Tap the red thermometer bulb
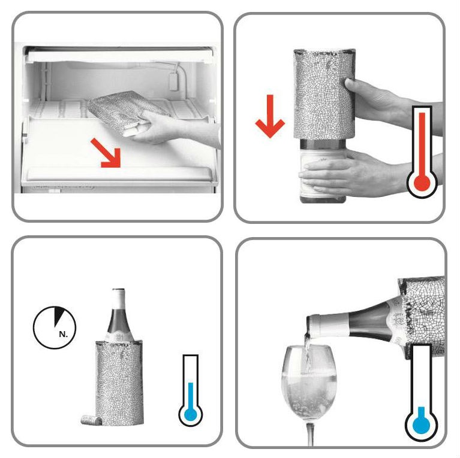tap(422, 184)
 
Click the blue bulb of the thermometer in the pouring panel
tap(421, 424)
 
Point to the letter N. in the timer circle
tap(63, 334)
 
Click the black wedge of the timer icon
tap(59, 315)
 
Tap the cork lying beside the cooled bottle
tap(91, 420)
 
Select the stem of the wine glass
tap(310, 435)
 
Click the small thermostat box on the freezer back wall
tap(174, 81)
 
